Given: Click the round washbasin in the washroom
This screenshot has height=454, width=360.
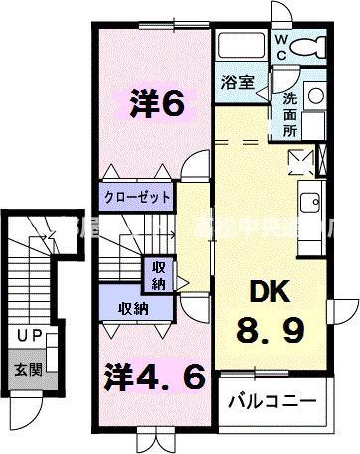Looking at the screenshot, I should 316,96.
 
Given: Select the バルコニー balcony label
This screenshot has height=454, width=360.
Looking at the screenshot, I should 271,403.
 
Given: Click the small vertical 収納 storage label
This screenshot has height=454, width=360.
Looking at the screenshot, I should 159,274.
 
